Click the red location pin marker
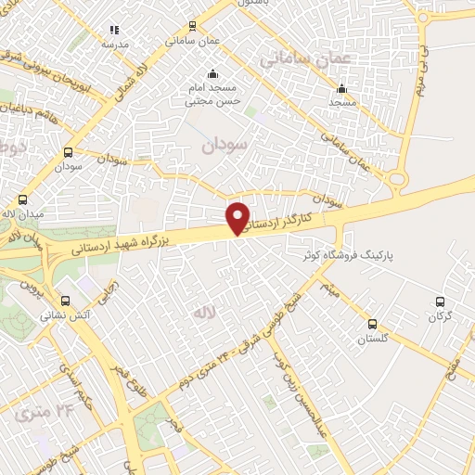(x=238, y=217)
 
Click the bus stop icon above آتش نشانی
(x=66, y=301)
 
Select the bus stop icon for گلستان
(x=372, y=324)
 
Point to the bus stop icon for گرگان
(x=441, y=302)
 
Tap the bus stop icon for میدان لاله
(x=22, y=199)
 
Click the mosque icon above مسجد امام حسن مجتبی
(x=213, y=74)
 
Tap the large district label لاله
(x=204, y=314)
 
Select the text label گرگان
(x=439, y=317)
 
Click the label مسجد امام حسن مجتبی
(x=212, y=95)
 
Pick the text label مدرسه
(x=115, y=45)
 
